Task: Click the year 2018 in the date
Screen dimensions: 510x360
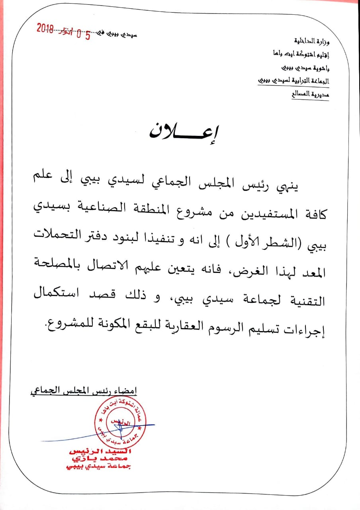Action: (45, 28)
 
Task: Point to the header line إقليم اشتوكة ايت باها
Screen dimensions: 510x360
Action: (301, 54)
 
